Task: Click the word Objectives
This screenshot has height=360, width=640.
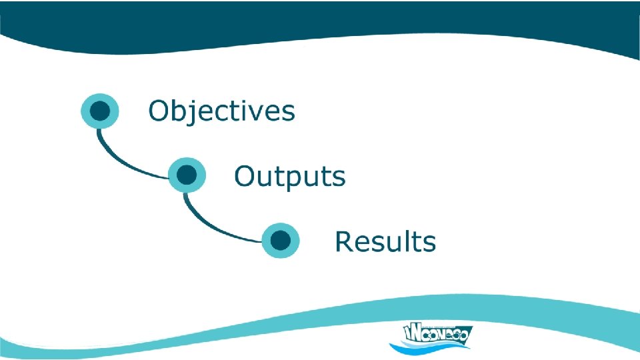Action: [x=221, y=111]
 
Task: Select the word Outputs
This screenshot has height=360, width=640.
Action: [x=289, y=177]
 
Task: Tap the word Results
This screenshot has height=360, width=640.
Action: [x=385, y=241]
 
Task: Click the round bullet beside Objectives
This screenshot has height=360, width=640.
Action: [x=100, y=111]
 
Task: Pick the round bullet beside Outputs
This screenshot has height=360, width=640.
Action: [x=187, y=175]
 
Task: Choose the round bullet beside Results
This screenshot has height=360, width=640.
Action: [x=281, y=240]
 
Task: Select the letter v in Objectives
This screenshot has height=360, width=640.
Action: [x=254, y=112]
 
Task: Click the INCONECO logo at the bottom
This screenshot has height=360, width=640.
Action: [x=430, y=336]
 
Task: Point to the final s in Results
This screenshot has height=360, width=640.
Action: [x=429, y=243]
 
